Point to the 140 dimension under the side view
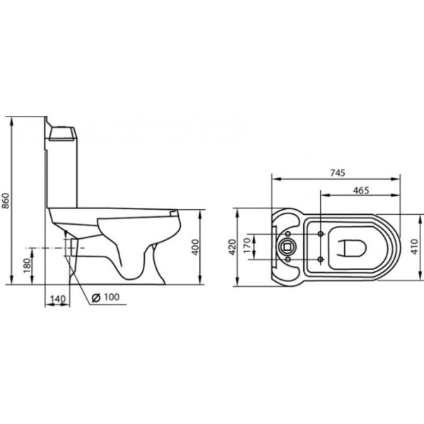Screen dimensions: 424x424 (58, 299)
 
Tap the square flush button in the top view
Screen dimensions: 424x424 (288, 247)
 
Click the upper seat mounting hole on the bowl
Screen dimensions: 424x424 (322, 233)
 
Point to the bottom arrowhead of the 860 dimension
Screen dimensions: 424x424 (13, 279)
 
